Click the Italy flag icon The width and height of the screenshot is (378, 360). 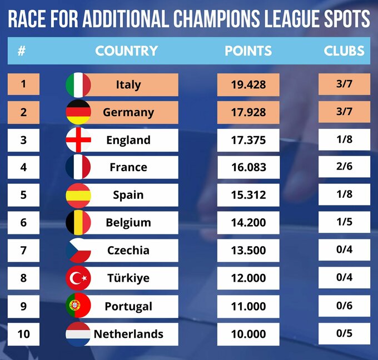(78, 85)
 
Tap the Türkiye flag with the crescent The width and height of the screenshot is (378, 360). (78, 278)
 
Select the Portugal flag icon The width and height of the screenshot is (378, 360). (78, 306)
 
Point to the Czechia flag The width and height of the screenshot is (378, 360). (78, 251)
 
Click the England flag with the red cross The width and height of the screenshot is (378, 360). (78, 140)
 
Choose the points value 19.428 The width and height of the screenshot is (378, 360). (248, 85)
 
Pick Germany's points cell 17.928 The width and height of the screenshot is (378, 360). (248, 112)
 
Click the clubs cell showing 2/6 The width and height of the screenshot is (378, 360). (344, 167)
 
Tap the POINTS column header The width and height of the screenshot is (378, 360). (248, 51)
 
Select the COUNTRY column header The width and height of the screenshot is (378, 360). (126, 51)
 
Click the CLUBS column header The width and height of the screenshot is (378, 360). (344, 51)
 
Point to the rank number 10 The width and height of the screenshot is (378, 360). (23, 334)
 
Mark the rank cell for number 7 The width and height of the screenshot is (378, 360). (23, 251)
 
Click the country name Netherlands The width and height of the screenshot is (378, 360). (128, 334)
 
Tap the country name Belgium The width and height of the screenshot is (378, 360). (128, 223)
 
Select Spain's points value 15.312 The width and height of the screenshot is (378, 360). (248, 195)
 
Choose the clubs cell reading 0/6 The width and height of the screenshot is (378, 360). (344, 306)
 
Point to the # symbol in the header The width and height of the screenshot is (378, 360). (22, 51)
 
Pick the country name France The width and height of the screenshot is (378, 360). (128, 167)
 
